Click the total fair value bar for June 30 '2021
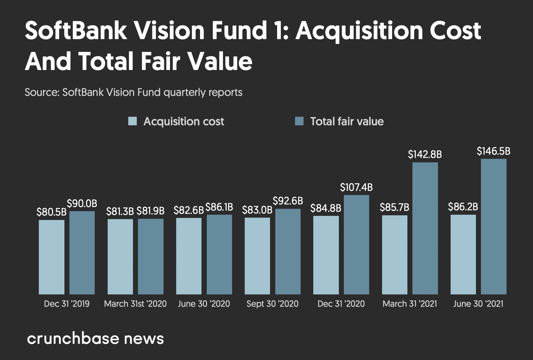494,226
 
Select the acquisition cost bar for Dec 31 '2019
51,257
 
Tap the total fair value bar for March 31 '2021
425,228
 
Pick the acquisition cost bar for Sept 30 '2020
257,256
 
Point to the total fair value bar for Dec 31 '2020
356,244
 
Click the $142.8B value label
425,154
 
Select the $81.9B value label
150,211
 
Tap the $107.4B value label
356,187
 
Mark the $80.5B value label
51,212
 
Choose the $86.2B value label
463,207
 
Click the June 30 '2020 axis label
204,304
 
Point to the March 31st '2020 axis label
135,304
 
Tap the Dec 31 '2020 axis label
341,304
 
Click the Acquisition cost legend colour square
132,121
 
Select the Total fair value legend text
347,121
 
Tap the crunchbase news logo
95,339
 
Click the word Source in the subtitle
41,92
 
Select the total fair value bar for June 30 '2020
219,254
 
